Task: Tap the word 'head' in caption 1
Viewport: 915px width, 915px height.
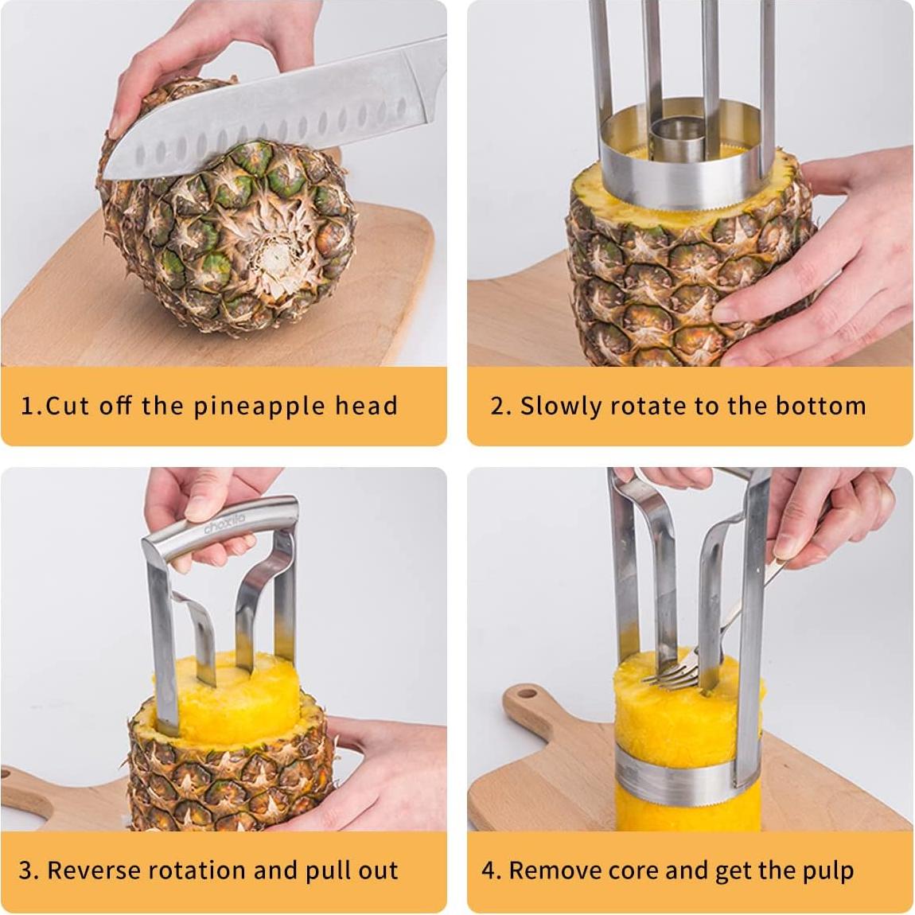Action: point(365,406)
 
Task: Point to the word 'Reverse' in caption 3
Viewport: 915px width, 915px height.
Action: point(103,870)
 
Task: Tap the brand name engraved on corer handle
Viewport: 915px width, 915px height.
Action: point(225,525)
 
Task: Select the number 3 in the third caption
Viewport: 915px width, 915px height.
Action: point(26,870)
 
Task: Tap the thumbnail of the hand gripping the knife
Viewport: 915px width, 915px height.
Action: point(117,123)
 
